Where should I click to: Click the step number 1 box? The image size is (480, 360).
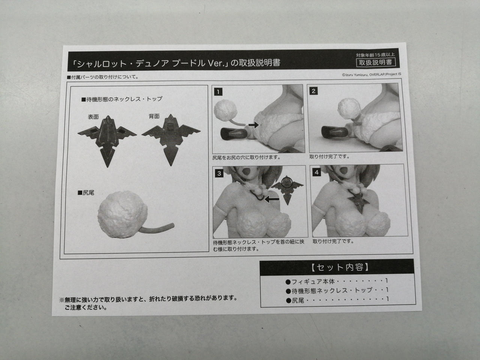(x=218, y=92)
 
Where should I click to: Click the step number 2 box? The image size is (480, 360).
(x=313, y=91)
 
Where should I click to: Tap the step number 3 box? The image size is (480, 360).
(x=219, y=173)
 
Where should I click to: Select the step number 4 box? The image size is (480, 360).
(x=316, y=172)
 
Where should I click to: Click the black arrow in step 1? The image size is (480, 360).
(x=253, y=125)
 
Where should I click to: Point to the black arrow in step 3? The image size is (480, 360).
(x=272, y=199)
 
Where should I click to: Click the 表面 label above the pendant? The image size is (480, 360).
(x=93, y=117)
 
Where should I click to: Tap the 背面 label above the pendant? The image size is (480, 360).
(x=154, y=116)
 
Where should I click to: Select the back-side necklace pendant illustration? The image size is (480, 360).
(x=171, y=139)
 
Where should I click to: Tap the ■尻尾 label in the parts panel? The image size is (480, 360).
(x=86, y=193)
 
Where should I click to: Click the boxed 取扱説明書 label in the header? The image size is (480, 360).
(x=375, y=63)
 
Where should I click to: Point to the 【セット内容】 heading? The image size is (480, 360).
(x=340, y=267)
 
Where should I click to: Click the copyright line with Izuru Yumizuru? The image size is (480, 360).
(x=372, y=75)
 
